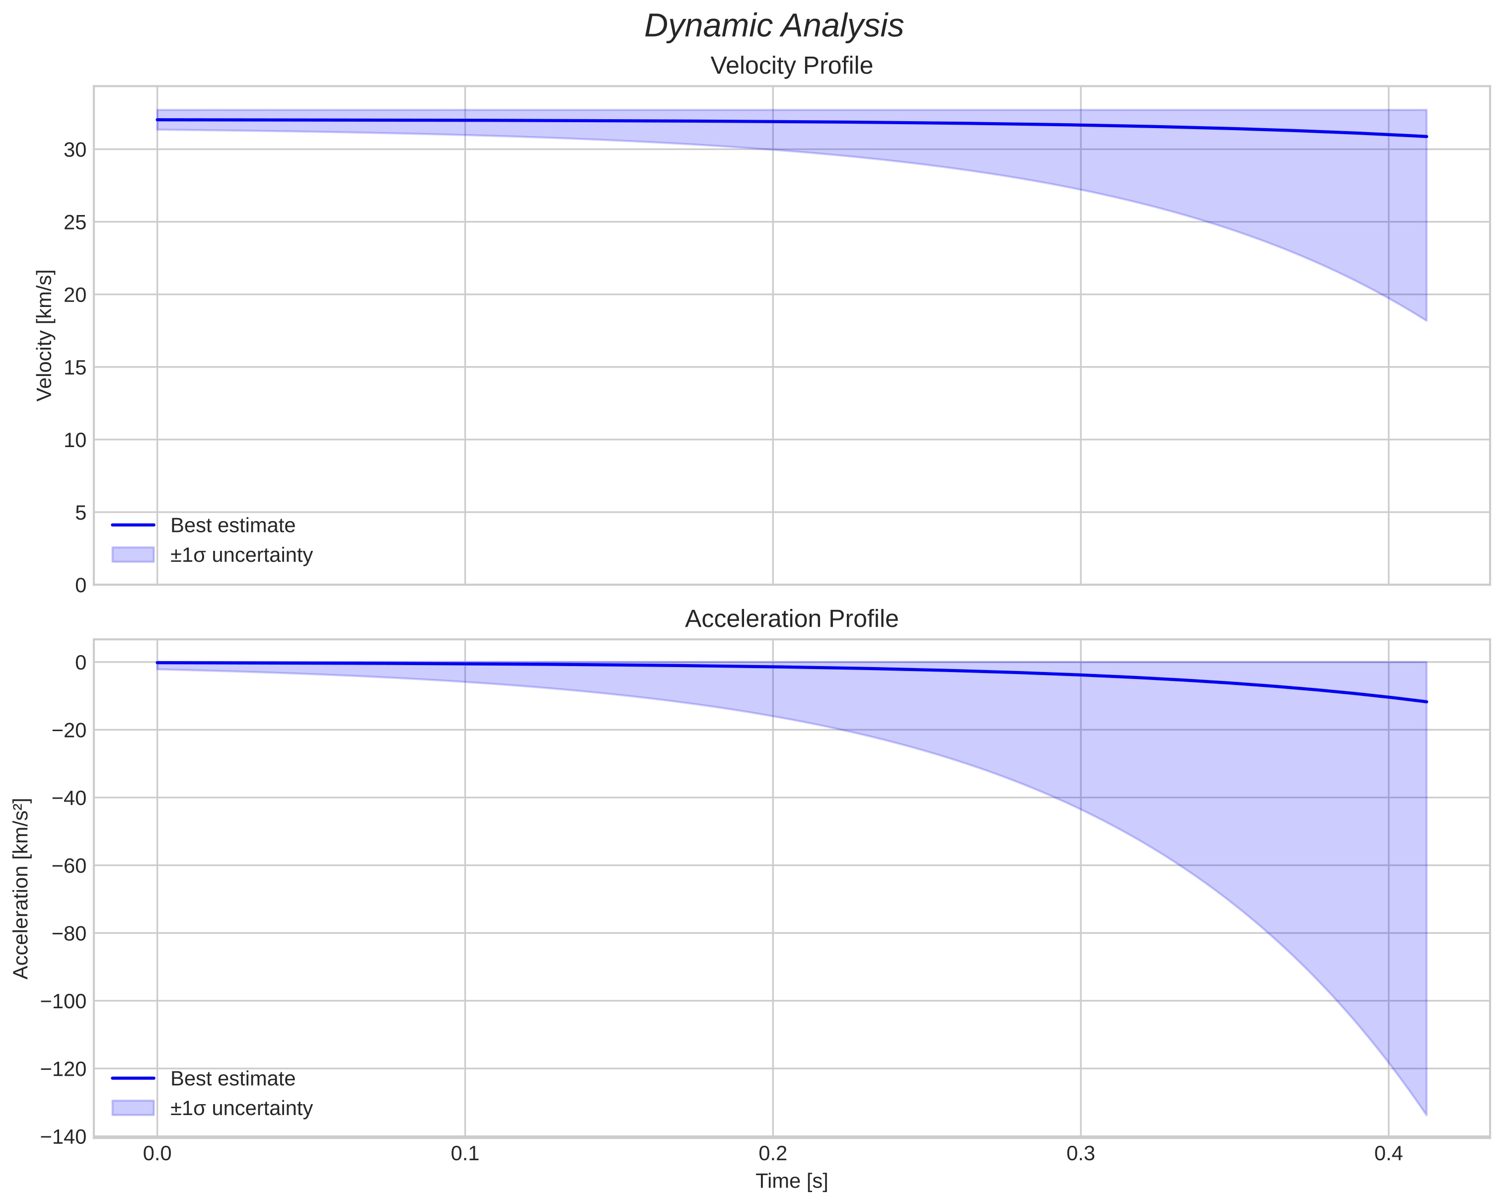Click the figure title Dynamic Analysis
click(773, 26)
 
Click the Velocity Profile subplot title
click(791, 66)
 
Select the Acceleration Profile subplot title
click(791, 619)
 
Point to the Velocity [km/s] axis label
click(45, 335)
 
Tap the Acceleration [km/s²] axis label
click(21, 889)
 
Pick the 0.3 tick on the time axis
click(1080, 1154)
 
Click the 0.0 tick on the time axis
click(157, 1154)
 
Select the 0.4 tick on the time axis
click(1388, 1154)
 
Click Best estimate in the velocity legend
click(232, 526)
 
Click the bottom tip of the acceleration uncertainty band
click(1426, 1114)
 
